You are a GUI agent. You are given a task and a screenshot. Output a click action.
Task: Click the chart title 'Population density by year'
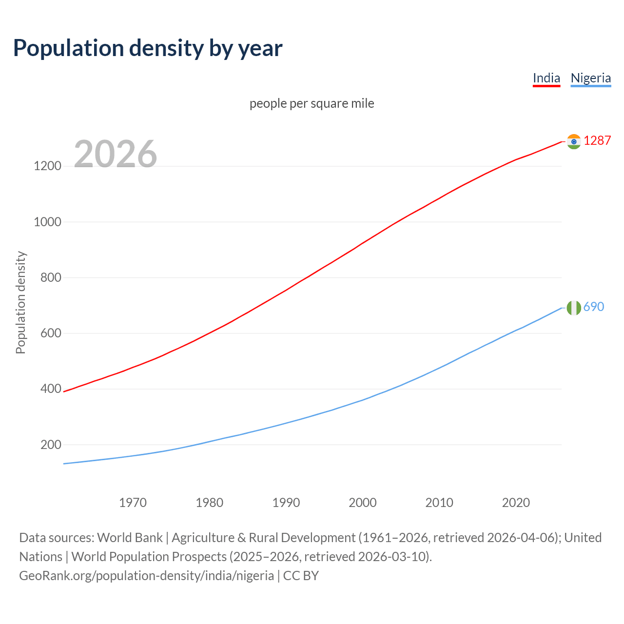click(x=148, y=48)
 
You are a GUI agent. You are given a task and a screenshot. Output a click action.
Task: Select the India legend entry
click(x=546, y=78)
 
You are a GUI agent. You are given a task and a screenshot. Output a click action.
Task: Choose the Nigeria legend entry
click(x=590, y=78)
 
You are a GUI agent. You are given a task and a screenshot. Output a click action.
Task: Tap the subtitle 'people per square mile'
click(x=312, y=103)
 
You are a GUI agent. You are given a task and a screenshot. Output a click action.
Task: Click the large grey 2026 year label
click(x=116, y=154)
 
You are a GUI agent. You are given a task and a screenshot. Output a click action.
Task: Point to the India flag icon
click(x=574, y=141)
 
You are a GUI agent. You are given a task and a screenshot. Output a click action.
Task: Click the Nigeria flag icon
click(x=574, y=308)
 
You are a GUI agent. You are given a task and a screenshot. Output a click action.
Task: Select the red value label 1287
click(x=597, y=140)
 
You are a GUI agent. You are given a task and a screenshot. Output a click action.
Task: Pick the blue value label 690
click(x=593, y=307)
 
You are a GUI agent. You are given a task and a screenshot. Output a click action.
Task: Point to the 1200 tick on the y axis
click(x=47, y=166)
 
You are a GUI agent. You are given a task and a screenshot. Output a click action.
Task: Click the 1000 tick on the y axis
click(x=47, y=222)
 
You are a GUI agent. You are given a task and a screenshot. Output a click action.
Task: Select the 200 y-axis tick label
click(x=51, y=445)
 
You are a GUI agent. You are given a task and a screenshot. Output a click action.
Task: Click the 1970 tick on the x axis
click(x=133, y=503)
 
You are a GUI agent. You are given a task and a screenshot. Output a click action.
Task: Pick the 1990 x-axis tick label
click(x=286, y=503)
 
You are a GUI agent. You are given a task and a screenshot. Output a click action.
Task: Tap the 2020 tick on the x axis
click(x=516, y=503)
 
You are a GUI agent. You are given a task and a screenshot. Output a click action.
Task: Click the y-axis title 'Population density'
click(x=20, y=302)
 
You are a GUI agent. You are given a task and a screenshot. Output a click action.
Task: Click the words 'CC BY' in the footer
click(x=301, y=576)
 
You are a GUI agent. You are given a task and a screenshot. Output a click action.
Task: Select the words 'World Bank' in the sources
click(x=130, y=538)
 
